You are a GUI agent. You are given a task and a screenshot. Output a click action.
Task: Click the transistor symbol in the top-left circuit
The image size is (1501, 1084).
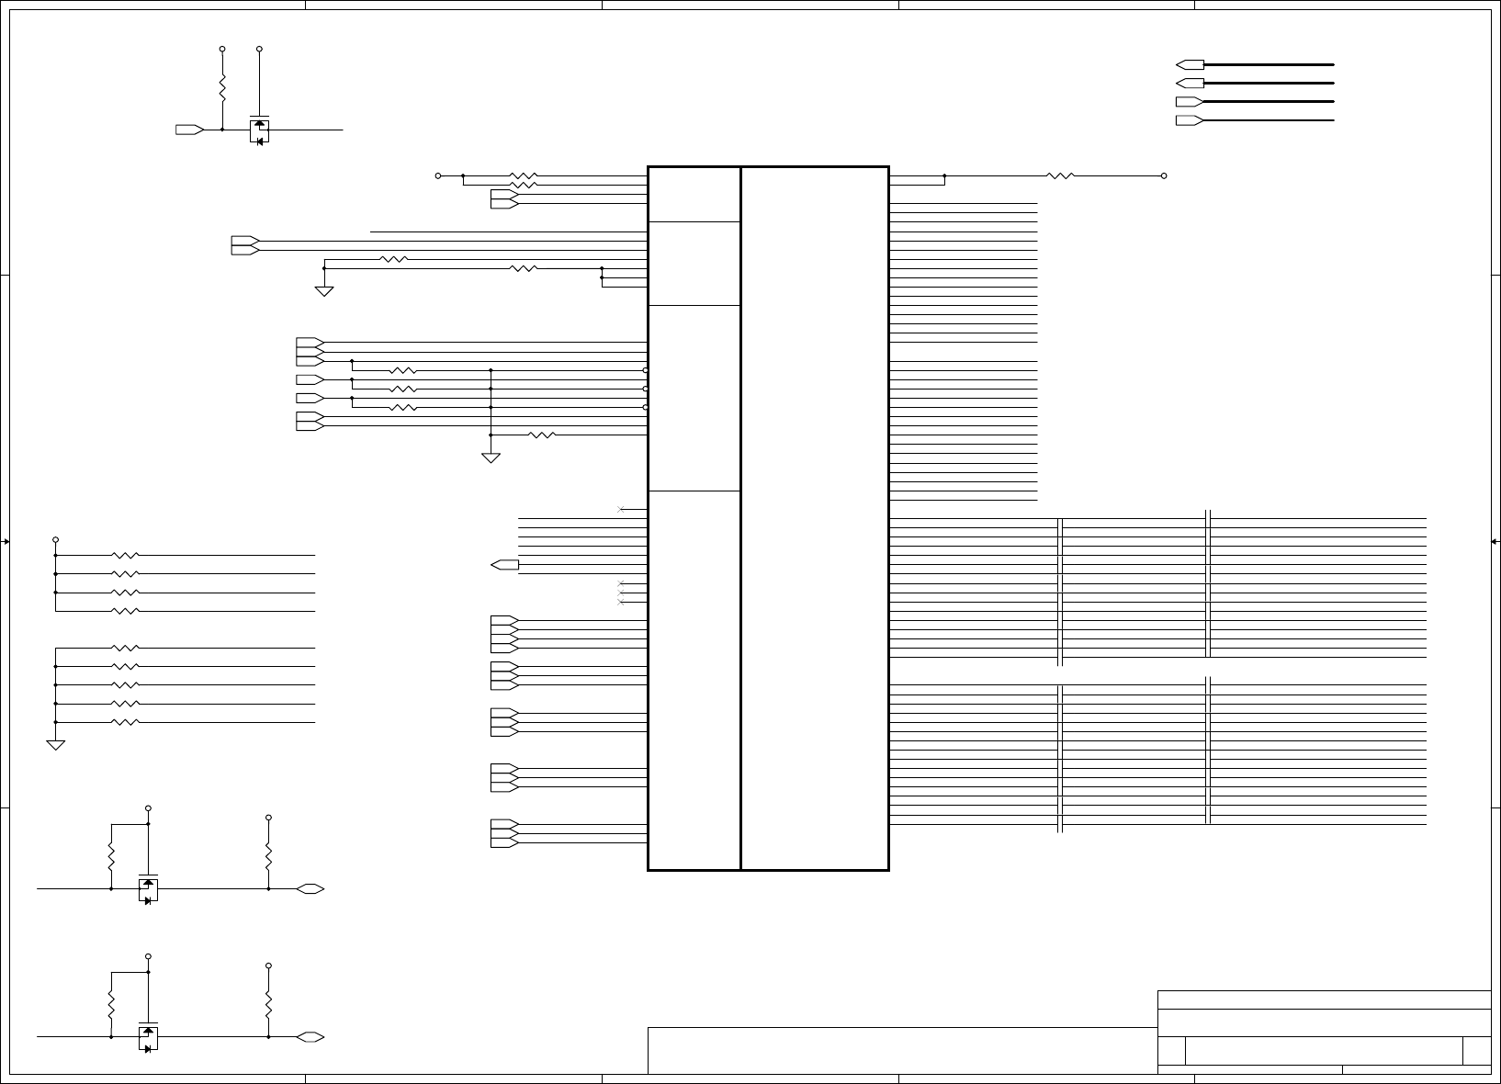[259, 130]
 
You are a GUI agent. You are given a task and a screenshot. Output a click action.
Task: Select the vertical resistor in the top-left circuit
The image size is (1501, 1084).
[222, 89]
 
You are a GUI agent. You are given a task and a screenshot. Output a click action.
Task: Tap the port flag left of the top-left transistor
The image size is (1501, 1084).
[189, 130]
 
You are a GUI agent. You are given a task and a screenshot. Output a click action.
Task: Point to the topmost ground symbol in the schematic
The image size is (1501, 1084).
[324, 290]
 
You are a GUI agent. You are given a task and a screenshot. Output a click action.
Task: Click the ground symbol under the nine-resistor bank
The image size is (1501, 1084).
[56, 744]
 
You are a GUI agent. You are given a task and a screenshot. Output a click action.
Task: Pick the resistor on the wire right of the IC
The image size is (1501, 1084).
[1060, 175]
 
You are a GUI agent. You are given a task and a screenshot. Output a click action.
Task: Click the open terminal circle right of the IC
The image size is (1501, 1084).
[1164, 175]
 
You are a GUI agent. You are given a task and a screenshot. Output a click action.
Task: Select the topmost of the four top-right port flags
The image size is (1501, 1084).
[1190, 64]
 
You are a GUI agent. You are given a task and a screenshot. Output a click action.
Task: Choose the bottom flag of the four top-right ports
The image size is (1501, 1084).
[1190, 120]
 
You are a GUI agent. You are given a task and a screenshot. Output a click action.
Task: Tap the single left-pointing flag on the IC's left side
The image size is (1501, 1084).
[505, 564]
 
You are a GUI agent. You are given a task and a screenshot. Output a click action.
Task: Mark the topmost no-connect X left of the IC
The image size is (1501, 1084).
[622, 509]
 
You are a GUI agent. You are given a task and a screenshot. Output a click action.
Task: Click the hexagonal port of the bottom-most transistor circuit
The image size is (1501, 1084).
[310, 1037]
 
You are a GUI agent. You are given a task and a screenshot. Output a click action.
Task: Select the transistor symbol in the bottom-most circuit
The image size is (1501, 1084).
[148, 1038]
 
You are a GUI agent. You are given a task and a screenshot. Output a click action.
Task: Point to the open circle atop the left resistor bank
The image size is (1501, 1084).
[56, 539]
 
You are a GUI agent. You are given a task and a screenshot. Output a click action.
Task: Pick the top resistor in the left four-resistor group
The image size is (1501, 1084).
[125, 556]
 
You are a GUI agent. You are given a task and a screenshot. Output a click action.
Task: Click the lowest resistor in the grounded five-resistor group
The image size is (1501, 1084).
[125, 723]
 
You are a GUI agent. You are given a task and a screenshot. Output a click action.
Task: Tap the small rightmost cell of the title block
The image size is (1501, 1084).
[1476, 1050]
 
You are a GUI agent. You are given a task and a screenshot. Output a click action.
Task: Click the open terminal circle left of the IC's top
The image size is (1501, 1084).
[438, 175]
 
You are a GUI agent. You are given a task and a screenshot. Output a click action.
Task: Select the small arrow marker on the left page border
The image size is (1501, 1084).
[6, 542]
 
